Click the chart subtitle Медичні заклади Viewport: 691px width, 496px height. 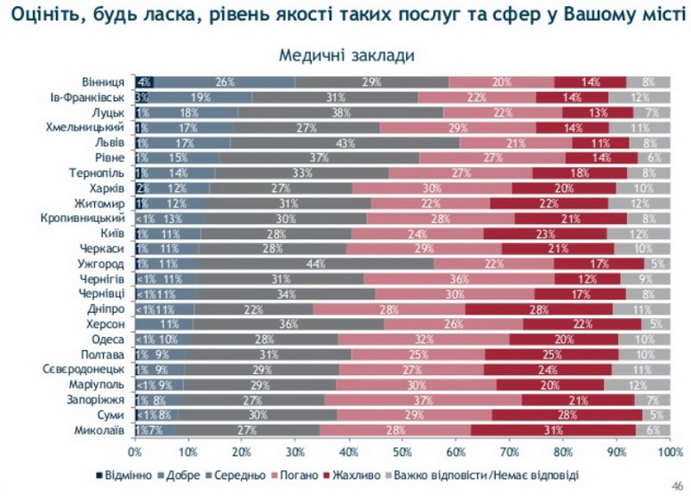345,54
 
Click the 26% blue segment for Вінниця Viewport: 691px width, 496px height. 225,82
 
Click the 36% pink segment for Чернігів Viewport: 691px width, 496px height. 460,278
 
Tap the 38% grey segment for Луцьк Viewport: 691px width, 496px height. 340,112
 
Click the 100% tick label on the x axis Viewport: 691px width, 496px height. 669,451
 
